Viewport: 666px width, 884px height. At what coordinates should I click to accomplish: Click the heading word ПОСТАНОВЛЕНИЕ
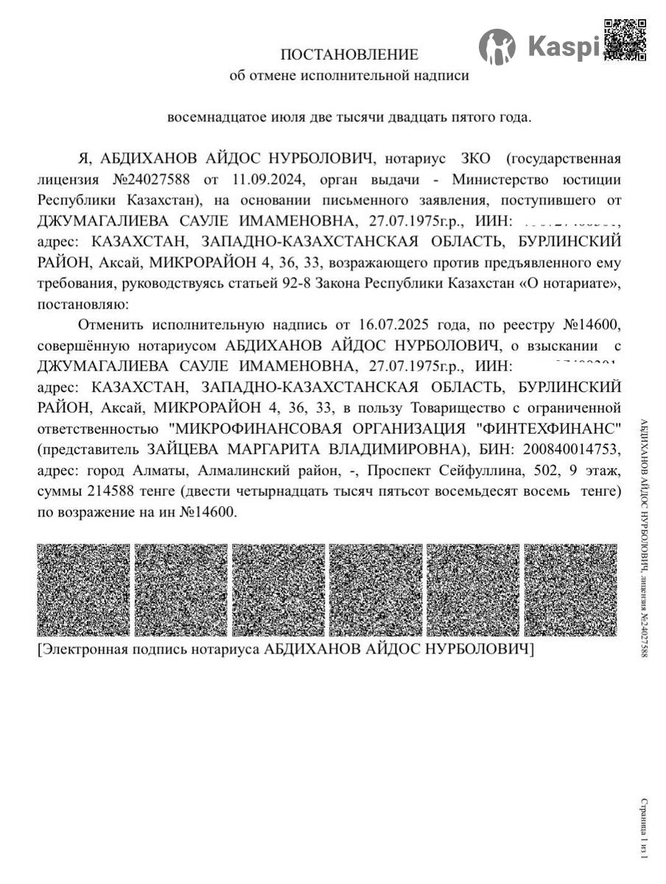click(x=349, y=55)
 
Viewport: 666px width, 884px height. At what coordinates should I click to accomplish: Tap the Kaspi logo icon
click(x=497, y=47)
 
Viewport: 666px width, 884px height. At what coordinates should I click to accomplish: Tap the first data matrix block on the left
click(x=83, y=590)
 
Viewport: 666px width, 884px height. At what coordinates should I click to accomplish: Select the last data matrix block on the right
click(x=571, y=590)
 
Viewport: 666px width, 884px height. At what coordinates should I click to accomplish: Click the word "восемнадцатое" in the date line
click(x=214, y=117)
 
